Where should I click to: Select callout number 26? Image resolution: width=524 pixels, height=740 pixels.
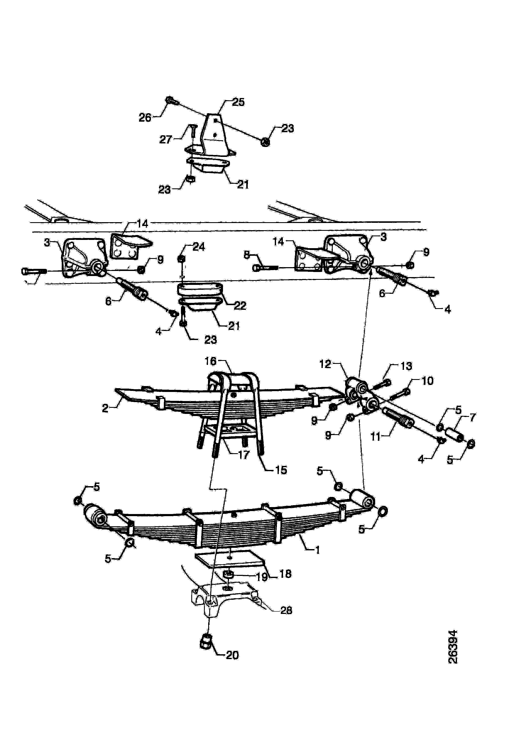(x=145, y=118)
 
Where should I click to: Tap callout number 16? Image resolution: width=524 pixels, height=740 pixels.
(x=210, y=361)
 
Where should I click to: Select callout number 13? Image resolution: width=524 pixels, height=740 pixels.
(x=406, y=366)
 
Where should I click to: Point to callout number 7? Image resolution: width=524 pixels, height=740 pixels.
(x=472, y=418)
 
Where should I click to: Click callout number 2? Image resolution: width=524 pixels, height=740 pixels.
(x=105, y=408)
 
